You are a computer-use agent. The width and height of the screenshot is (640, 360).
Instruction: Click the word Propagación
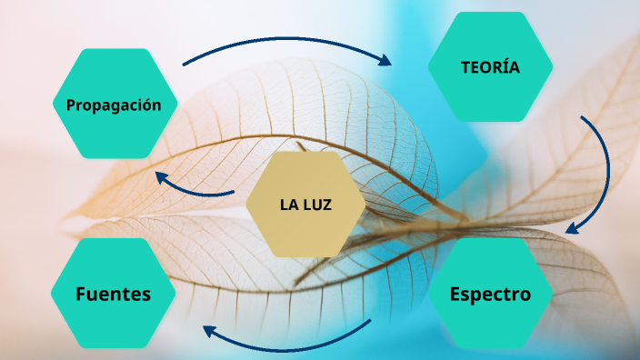pyautogui.click(x=114, y=105)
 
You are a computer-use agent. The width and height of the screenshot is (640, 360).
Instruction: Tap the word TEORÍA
pyautogui.click(x=490, y=66)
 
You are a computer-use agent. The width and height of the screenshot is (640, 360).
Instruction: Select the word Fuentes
pyautogui.click(x=113, y=294)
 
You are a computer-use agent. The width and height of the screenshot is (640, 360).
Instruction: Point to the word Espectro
pyautogui.click(x=489, y=294)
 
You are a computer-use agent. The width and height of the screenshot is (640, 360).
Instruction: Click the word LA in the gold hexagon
pyautogui.click(x=289, y=205)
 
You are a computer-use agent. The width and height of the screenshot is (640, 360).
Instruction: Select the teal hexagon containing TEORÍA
pyautogui.click(x=490, y=91)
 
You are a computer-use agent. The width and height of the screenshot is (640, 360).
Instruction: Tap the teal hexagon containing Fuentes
pyautogui.click(x=113, y=318)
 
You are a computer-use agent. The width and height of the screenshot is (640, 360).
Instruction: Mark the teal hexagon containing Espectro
pyautogui.click(x=489, y=318)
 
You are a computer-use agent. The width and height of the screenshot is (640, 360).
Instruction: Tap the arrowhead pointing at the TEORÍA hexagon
pyautogui.click(x=385, y=61)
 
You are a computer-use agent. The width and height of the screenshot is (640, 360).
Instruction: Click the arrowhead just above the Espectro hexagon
pyautogui.click(x=572, y=228)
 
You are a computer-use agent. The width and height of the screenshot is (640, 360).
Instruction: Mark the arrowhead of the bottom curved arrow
pyautogui.click(x=209, y=332)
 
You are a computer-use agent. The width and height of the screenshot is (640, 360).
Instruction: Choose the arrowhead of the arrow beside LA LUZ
pyautogui.click(x=161, y=176)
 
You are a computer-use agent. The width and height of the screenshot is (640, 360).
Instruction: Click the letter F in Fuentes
pyautogui.click(x=81, y=294)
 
